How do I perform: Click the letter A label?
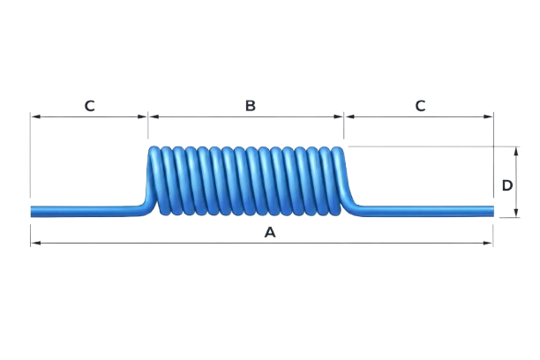click(270, 233)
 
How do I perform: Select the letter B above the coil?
click(251, 106)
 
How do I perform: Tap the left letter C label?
click(89, 106)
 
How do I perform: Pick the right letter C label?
click(420, 106)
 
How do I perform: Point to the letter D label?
click(506, 185)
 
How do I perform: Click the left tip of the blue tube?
click(33, 211)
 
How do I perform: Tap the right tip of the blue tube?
click(491, 210)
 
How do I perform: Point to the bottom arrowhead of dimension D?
click(515, 214)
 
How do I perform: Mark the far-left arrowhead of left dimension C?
click(34, 115)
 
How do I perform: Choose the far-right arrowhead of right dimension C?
click(490, 115)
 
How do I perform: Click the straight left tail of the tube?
click(84, 211)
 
